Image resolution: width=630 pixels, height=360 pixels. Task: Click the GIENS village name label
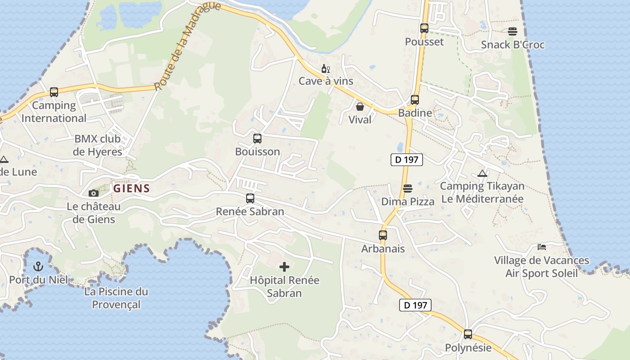[131, 188]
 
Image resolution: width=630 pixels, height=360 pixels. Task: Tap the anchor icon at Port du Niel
[38, 266]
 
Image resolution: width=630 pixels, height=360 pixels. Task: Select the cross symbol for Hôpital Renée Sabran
[284, 267]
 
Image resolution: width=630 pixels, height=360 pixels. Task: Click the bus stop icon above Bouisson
[257, 139]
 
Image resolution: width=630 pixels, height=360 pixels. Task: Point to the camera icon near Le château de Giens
[94, 193]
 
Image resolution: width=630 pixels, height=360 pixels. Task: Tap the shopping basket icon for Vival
[360, 107]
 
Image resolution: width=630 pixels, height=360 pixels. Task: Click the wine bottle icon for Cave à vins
[325, 69]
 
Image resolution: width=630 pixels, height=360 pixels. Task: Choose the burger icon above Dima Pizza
[408, 188]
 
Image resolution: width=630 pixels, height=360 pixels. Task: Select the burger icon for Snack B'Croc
[513, 31]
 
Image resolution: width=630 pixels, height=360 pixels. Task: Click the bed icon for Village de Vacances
[542, 247]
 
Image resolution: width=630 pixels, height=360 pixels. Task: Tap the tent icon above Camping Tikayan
[482, 173]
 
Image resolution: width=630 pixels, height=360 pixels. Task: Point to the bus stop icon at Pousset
[424, 28]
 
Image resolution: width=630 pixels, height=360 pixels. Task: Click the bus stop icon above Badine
[415, 100]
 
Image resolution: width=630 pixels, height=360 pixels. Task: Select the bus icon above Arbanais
[383, 235]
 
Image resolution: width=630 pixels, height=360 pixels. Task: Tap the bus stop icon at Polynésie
[468, 334]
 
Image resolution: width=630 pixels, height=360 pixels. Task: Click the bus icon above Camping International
[54, 92]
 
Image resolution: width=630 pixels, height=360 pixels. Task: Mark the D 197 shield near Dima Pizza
[407, 159]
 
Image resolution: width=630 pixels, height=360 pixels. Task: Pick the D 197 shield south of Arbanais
[415, 305]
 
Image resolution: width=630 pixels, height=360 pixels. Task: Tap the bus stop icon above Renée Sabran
[250, 198]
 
